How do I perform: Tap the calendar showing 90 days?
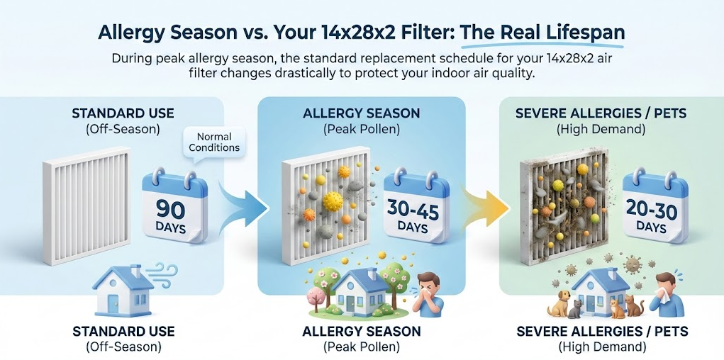(174, 206)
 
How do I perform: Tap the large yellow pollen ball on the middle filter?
(333, 201)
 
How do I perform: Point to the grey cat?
(575, 309)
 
